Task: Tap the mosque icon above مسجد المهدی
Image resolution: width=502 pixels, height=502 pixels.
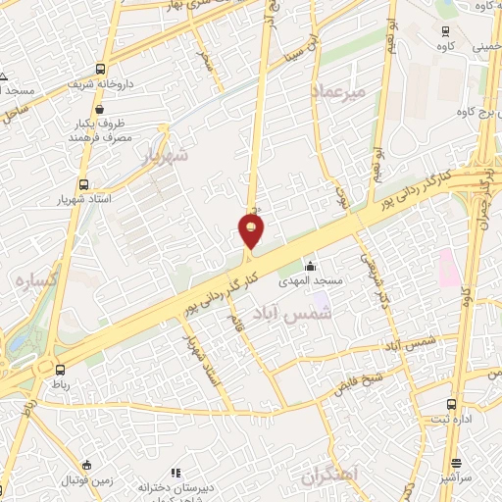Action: point(311,266)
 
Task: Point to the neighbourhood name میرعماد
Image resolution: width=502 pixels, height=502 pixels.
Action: point(338,90)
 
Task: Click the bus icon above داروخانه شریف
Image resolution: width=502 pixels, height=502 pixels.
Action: point(100,70)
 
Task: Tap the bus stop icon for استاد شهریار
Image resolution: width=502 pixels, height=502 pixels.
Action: point(82,184)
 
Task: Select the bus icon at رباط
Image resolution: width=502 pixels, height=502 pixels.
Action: point(61,370)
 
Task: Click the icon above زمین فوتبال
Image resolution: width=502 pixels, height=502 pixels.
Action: point(87,465)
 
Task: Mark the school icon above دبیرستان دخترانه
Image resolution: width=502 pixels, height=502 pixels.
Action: point(176,473)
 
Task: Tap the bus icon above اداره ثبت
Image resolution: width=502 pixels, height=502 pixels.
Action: point(451,404)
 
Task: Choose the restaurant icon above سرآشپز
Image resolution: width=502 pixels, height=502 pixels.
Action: point(456,464)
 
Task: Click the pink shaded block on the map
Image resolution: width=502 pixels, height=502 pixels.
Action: point(449,268)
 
